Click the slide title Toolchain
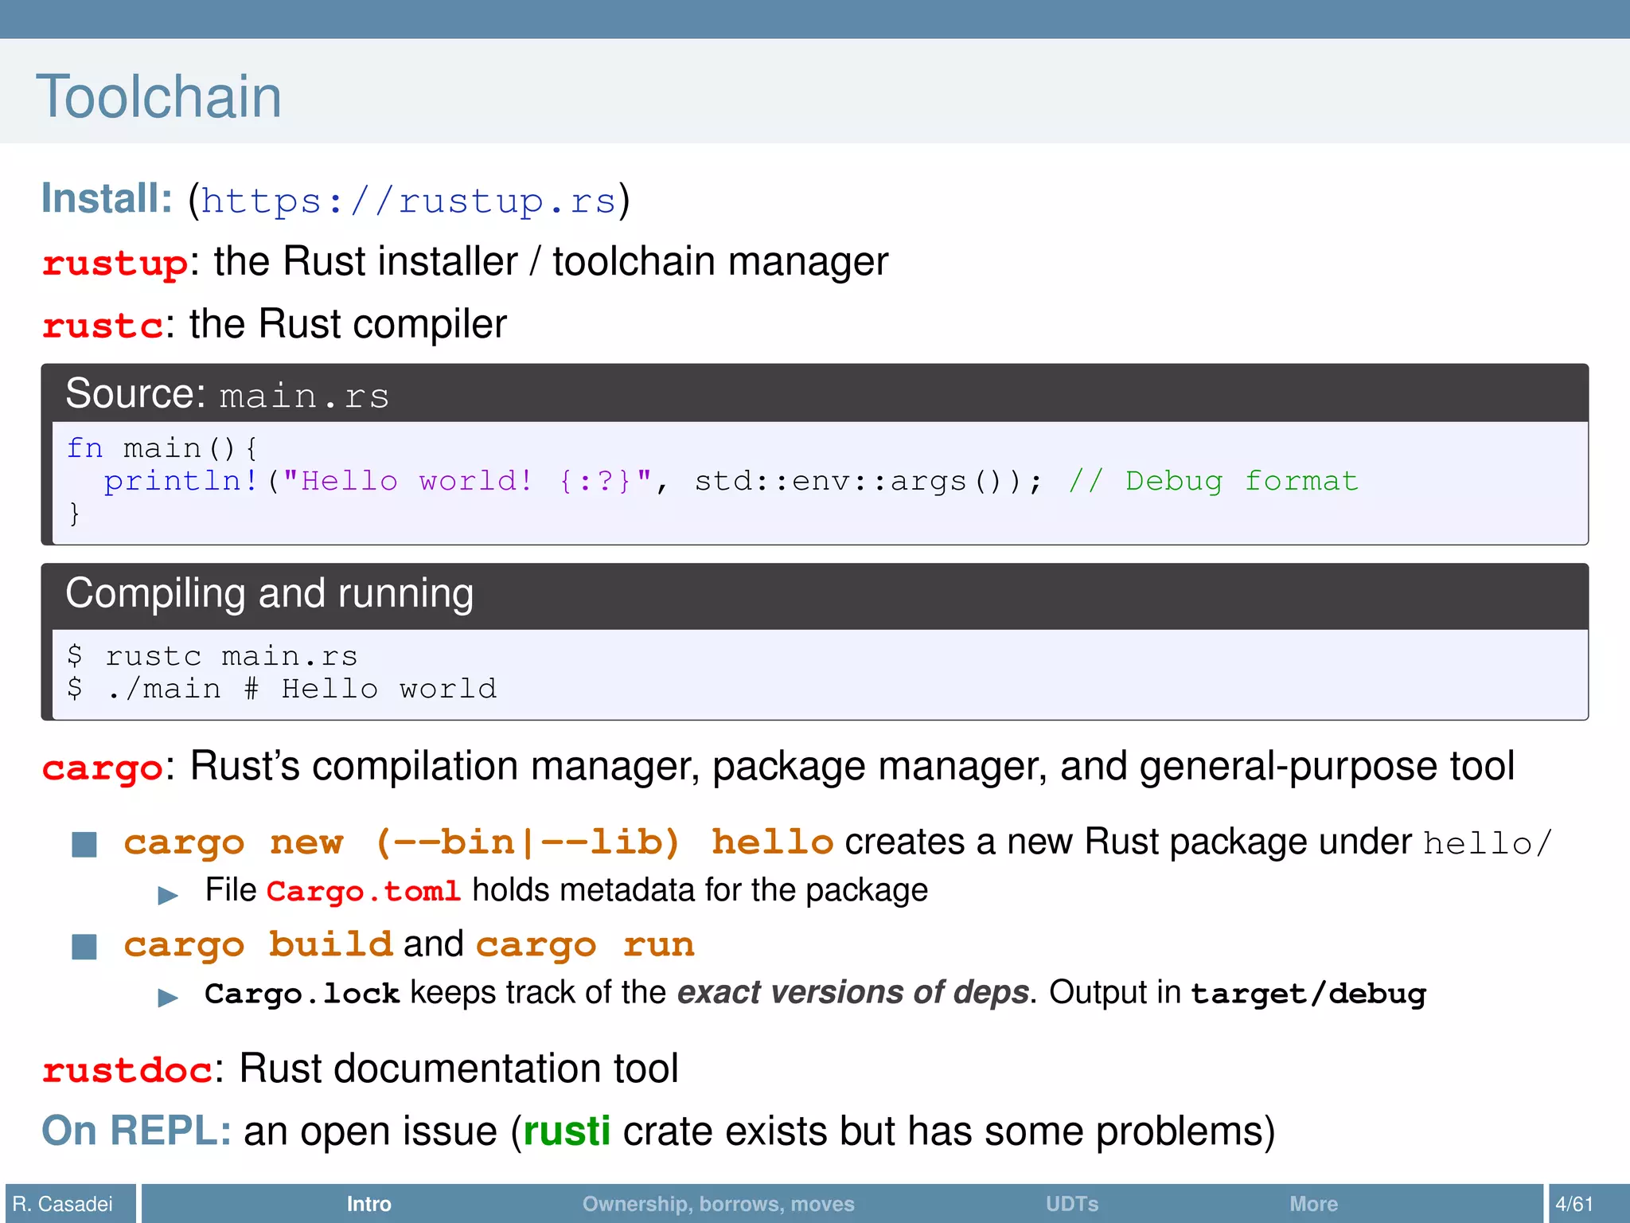(158, 97)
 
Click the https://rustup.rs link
(408, 201)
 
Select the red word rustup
(115, 264)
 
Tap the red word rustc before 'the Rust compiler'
(103, 326)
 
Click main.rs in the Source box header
(304, 397)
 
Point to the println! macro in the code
(181, 481)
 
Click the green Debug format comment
(1213, 481)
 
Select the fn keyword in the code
(84, 448)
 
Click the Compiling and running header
(269, 594)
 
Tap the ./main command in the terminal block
(163, 689)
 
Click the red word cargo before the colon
(102, 768)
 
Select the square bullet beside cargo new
(84, 844)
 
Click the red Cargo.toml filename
(363, 891)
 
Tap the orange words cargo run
(585, 945)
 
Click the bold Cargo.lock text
(302, 994)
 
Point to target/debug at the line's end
(1308, 994)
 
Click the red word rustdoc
(127, 1070)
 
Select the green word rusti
(567, 1131)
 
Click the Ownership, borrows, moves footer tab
(718, 1204)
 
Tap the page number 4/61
(1573, 1204)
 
